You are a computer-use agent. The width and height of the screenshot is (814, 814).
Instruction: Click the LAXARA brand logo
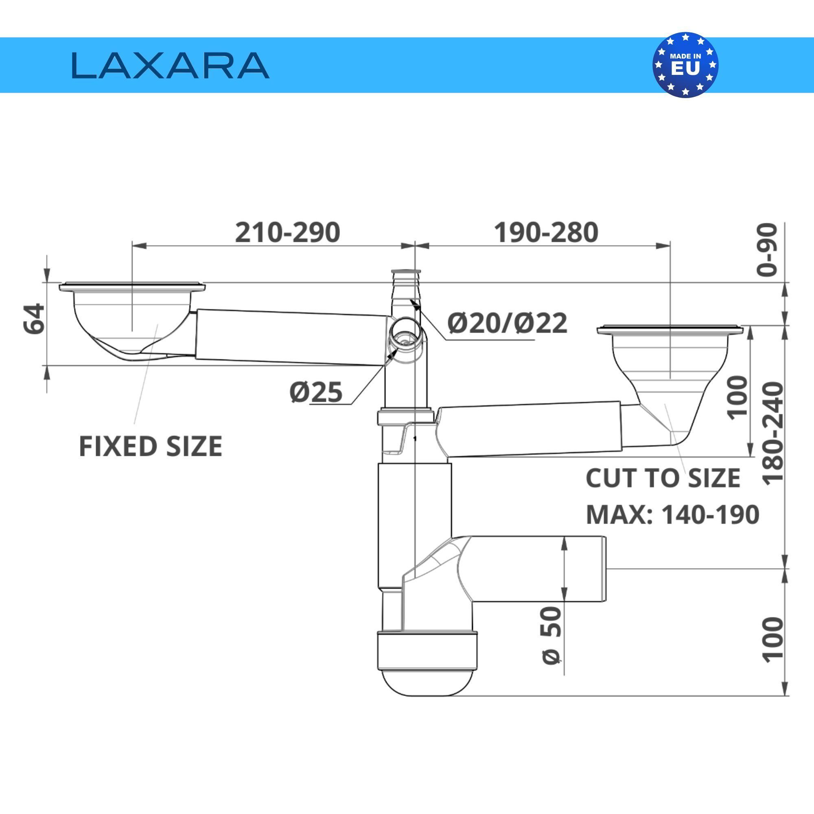pyautogui.click(x=170, y=65)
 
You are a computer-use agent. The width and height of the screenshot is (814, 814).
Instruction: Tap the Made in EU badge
pyautogui.click(x=685, y=65)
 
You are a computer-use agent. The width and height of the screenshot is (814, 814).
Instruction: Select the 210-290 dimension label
pyautogui.click(x=287, y=232)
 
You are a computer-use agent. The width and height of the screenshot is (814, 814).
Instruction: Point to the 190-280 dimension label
pyautogui.click(x=546, y=232)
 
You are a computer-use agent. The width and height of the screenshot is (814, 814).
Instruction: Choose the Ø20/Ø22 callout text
pyautogui.click(x=507, y=323)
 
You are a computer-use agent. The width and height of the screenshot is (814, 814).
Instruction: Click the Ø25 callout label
pyautogui.click(x=316, y=392)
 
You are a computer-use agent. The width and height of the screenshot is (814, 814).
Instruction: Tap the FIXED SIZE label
pyautogui.click(x=151, y=446)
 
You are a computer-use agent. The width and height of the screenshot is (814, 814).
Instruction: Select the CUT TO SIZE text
pyautogui.click(x=663, y=478)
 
